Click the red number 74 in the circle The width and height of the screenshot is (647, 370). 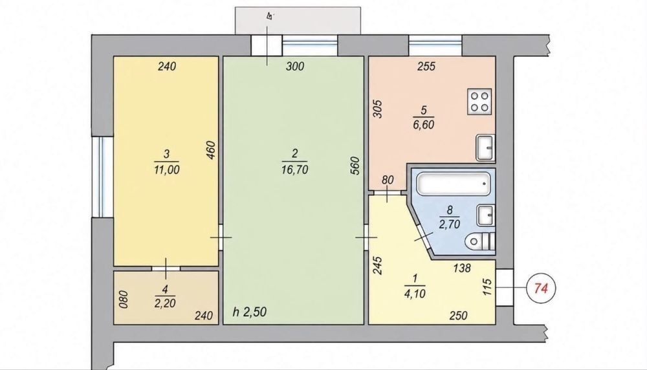tap(540, 288)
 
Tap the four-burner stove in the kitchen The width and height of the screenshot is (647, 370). tap(479, 102)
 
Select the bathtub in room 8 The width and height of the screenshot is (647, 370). tap(454, 184)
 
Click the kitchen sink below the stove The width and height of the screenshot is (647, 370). tap(486, 147)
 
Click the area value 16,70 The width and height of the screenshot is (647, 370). tap(294, 169)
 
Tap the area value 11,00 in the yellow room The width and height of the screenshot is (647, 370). tap(167, 169)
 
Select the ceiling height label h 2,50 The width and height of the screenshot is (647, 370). tap(250, 311)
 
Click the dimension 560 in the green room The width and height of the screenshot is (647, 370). tap(356, 166)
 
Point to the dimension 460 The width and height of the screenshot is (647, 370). tap(210, 151)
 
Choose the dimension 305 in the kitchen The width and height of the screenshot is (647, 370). tap(378, 109)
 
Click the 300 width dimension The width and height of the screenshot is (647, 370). tap(295, 66)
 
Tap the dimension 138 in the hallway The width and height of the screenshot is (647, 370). tap(462, 268)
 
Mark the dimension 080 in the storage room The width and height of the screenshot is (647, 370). tap(124, 299)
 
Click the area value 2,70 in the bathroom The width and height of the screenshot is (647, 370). tap(449, 224)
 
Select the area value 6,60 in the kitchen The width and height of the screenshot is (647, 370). tap(423, 124)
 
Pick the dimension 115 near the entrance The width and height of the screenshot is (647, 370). tap(487, 287)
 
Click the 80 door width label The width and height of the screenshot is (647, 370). tap(388, 180)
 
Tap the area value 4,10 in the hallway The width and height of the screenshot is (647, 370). tap(415, 293)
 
